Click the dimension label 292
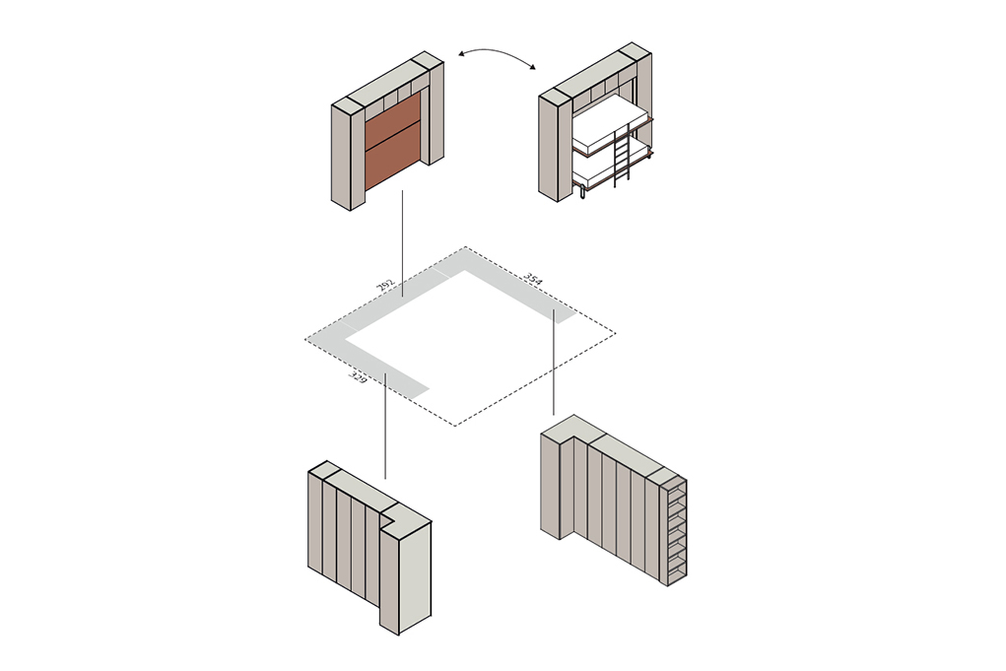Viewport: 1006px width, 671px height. coord(385,286)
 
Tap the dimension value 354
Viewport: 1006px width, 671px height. coord(533,279)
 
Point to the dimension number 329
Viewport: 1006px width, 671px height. coord(358,377)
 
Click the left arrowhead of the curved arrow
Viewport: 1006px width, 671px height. coord(462,54)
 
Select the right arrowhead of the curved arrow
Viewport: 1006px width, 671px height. coord(531,66)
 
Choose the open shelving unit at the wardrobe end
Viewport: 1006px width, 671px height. coord(674,531)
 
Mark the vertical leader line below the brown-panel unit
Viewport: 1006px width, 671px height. coord(402,243)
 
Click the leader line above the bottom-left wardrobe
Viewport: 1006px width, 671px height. coord(385,426)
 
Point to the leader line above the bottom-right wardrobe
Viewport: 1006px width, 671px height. coord(554,362)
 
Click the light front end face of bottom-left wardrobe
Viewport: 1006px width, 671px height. coord(415,577)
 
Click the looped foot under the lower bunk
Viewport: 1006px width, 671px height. coord(582,192)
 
